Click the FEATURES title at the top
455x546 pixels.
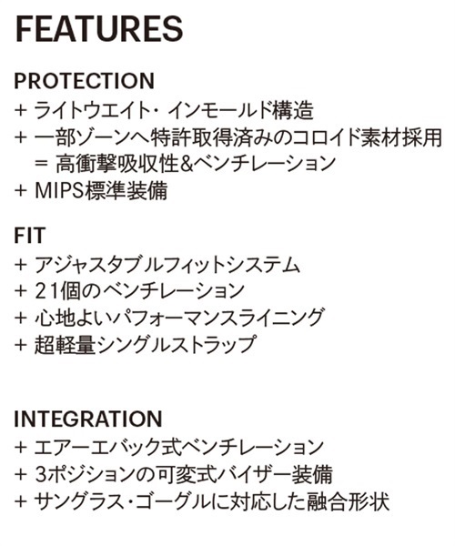coord(99,28)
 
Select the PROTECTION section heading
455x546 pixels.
coord(85,81)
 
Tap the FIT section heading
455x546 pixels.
coord(30,235)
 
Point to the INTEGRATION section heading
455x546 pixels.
coord(88,419)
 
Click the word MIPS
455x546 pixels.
coord(60,190)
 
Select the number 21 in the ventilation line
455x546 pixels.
coord(48,290)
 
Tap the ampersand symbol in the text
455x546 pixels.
coord(187,164)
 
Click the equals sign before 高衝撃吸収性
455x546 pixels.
coord(41,163)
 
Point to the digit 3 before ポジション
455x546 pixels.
coord(40,475)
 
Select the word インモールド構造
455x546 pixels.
coord(240,110)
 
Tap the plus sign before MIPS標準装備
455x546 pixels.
coord(21,190)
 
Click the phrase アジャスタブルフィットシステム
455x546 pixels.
coord(167,265)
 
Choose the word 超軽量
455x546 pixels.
coord(65,344)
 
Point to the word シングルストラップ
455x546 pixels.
coord(177,344)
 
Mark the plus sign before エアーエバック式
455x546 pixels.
coord(21,448)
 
